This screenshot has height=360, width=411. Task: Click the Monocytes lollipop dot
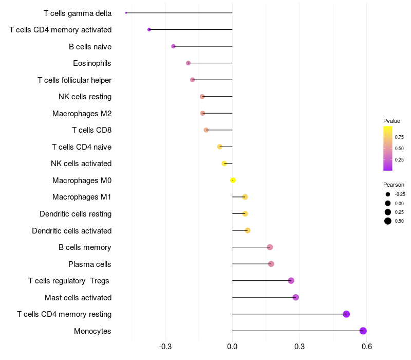[363, 331]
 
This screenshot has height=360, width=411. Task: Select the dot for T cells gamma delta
[126, 13]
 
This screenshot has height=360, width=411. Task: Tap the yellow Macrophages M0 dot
[233, 180]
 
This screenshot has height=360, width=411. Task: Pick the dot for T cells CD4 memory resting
[346, 314]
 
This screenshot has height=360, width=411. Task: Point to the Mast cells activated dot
[295, 297]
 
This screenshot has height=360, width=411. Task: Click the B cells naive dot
[173, 46]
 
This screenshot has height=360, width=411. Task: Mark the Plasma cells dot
[271, 264]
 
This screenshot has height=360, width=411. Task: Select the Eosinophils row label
[92, 63]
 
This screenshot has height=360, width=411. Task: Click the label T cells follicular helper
[74, 80]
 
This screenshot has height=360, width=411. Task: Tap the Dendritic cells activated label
[71, 231]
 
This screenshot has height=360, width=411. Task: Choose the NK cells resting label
[85, 97]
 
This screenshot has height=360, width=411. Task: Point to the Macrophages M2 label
[82, 114]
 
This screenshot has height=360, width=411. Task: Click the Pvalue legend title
[391, 121]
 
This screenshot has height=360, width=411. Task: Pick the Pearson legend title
[394, 185]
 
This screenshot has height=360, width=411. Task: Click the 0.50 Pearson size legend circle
[387, 221]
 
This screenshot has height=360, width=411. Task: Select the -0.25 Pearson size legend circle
[387, 194]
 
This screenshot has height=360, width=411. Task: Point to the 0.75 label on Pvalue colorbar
[399, 137]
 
